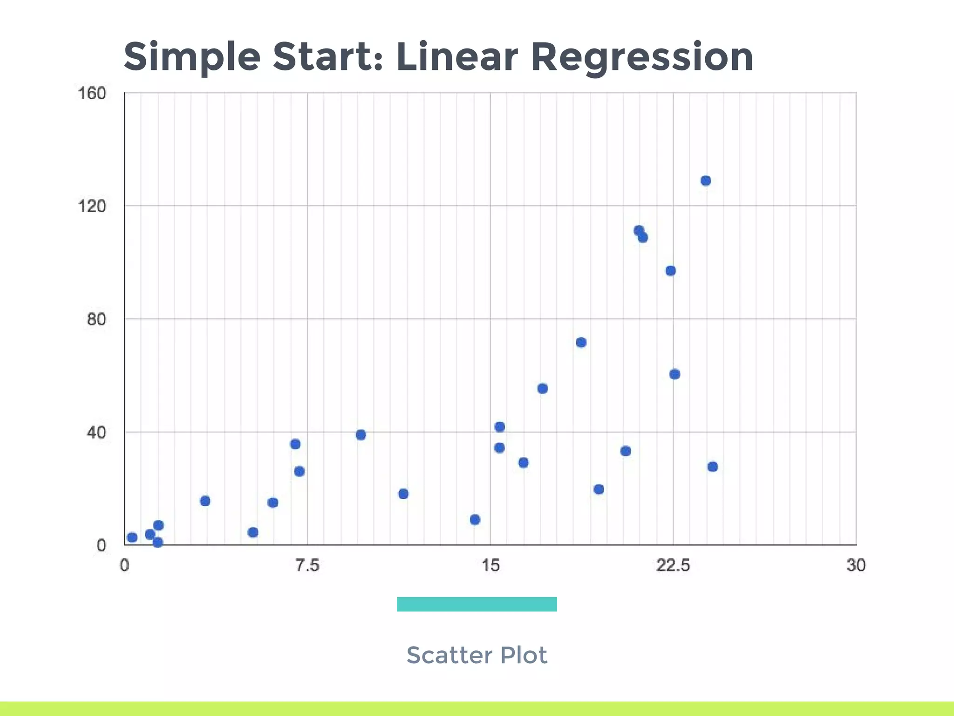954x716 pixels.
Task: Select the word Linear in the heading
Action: coord(457,57)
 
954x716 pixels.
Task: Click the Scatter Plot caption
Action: coord(477,655)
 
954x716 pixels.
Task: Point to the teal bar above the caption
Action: coord(477,604)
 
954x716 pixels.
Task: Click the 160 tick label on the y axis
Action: coord(92,94)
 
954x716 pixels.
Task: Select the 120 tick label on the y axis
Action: coord(92,206)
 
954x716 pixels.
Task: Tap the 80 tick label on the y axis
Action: coord(96,320)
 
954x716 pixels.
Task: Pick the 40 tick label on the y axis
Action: coord(96,433)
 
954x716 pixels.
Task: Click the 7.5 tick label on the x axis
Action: coord(307,565)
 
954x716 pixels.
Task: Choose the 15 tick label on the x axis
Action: coord(490,565)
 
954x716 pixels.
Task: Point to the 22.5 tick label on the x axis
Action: coord(673,565)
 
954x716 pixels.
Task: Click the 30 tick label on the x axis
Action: coord(856,565)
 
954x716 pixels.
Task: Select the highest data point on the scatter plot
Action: coord(706,181)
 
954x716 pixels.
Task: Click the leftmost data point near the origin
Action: coord(132,537)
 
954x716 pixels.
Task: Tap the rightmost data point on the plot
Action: coord(713,467)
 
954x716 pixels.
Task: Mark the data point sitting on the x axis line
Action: coord(158,542)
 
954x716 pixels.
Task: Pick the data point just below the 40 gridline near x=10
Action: coord(361,435)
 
